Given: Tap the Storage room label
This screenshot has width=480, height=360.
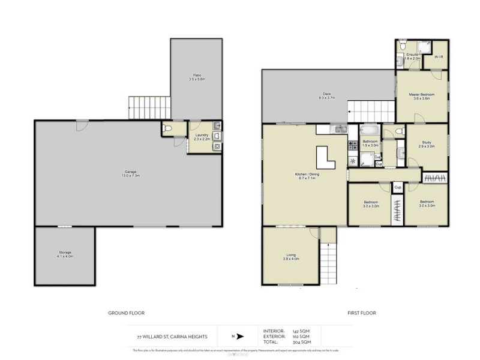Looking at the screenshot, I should pyautogui.click(x=64, y=254).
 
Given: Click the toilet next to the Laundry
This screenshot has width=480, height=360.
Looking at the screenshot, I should pyautogui.click(x=169, y=128).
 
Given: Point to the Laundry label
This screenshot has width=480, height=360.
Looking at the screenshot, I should pyautogui.click(x=202, y=137).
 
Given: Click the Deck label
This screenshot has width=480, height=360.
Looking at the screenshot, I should pyautogui.click(x=326, y=95).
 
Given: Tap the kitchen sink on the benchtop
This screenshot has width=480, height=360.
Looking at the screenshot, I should pyautogui.click(x=339, y=128).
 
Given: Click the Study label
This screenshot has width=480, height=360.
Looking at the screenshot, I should pyautogui.click(x=427, y=144).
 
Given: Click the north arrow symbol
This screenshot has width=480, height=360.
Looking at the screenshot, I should pyautogui.click(x=240, y=337).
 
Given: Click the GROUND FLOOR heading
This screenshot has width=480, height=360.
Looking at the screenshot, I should pyautogui.click(x=126, y=313).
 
